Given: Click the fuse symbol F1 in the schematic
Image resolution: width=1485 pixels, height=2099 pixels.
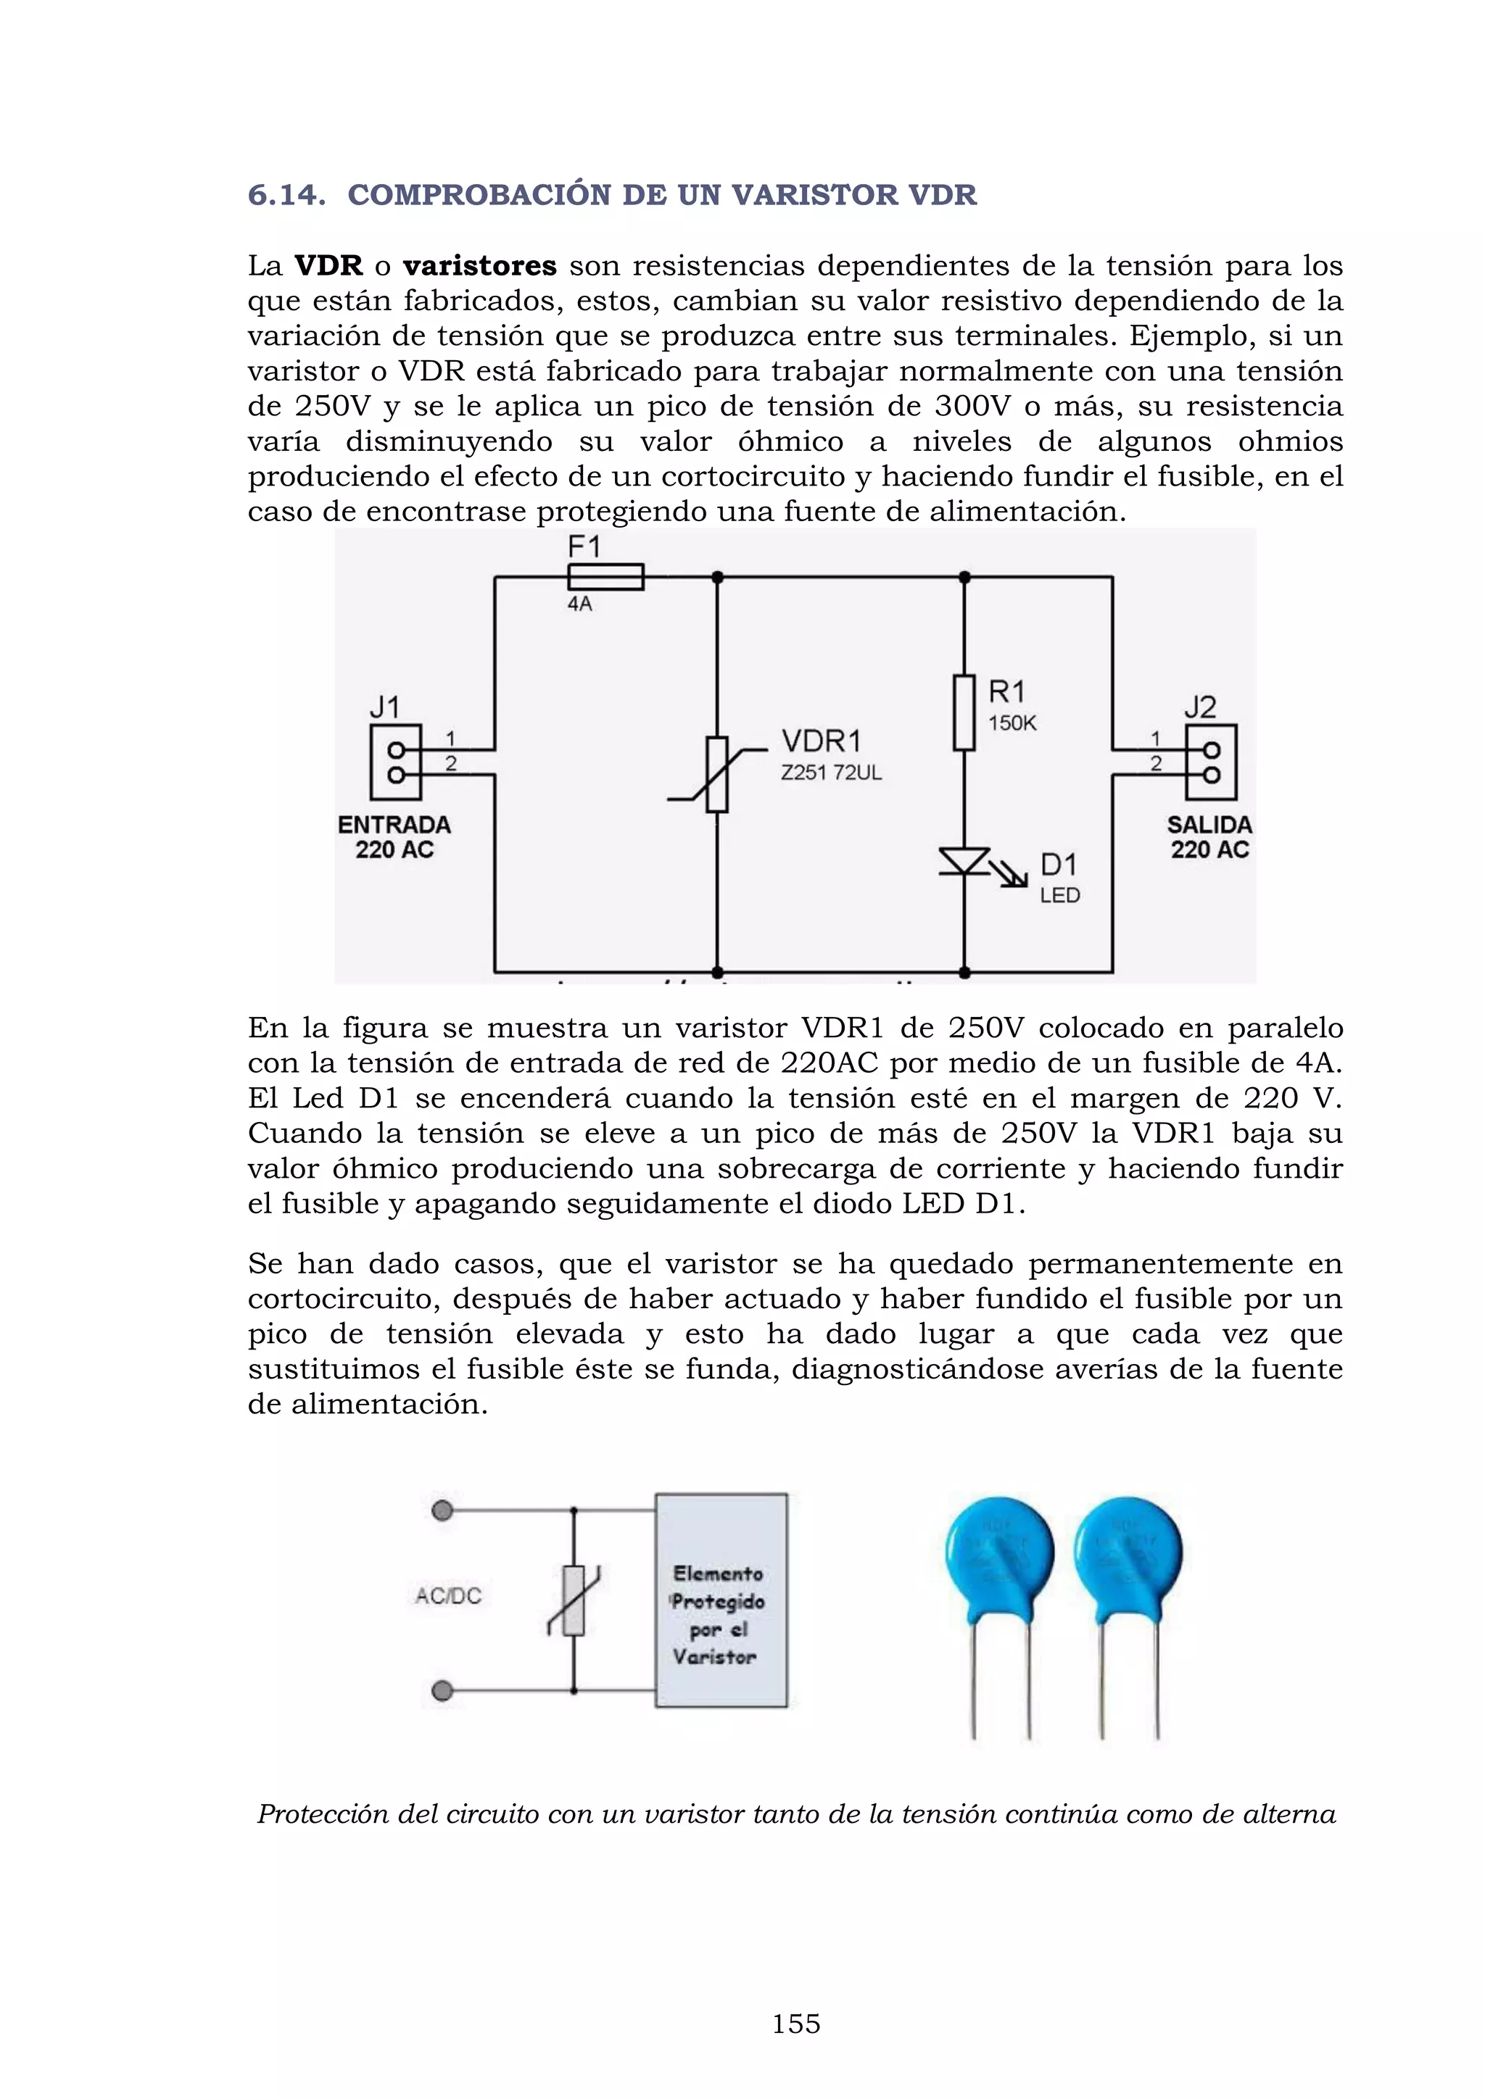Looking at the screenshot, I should pos(605,577).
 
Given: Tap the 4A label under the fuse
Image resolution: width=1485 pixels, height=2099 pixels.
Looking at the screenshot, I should pos(580,604).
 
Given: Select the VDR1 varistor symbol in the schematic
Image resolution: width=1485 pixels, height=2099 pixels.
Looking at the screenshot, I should pos(717,773).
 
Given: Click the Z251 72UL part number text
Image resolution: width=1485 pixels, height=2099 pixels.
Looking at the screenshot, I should pos(830,773).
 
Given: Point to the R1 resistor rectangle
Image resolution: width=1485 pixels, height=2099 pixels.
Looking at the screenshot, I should pos(964,713).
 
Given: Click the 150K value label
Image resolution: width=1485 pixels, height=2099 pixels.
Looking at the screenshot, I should pos(1012,723).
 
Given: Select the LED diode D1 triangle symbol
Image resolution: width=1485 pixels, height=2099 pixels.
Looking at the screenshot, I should pos(964,861).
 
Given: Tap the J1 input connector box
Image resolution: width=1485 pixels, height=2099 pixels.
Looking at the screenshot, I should pos(396,762).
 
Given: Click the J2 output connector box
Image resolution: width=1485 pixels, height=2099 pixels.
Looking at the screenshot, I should pos(1211,762).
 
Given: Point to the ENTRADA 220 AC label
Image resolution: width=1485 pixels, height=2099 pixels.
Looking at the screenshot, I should pos(394,836).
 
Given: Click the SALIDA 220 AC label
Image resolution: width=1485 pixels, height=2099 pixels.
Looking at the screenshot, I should pos(1209,836).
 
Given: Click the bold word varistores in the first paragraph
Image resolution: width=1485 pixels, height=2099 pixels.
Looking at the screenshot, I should pos(479,266).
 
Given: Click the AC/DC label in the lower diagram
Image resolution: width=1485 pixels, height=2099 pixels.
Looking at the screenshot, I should pos(448,1595).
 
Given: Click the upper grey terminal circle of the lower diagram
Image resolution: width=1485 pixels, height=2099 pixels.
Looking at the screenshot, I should pos(442,1510).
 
